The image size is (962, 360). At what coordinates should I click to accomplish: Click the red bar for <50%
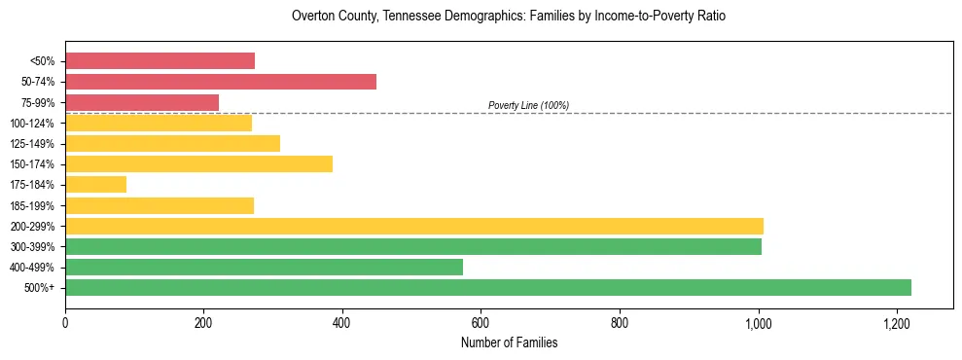tap(160, 61)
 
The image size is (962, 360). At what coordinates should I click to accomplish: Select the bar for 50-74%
tap(221, 82)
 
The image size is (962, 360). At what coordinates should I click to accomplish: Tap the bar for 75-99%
tap(142, 102)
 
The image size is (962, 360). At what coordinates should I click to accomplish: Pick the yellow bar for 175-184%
tap(95, 185)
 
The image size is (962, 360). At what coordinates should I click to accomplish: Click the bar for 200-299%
tap(414, 226)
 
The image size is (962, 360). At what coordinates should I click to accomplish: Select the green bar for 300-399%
tap(413, 247)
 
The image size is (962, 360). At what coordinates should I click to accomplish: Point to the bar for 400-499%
tap(264, 268)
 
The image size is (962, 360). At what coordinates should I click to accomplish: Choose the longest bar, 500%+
tap(488, 288)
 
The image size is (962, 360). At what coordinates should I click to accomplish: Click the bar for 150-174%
tap(198, 164)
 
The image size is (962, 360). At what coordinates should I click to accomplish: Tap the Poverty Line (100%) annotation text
tap(528, 105)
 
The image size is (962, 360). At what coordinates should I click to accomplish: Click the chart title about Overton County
tap(509, 17)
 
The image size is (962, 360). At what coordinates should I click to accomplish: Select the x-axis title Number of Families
tap(509, 343)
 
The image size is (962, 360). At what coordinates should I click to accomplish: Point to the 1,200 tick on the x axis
tap(897, 323)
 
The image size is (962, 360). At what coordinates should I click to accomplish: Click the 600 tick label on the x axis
tap(481, 323)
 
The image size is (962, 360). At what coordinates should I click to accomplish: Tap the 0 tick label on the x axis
tap(65, 323)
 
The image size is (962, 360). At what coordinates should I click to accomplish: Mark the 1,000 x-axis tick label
tap(758, 323)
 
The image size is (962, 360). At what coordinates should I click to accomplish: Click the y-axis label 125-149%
tap(32, 144)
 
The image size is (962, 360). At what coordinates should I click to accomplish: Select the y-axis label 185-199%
tap(32, 206)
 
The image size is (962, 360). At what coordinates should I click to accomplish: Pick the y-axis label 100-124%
tap(32, 124)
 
